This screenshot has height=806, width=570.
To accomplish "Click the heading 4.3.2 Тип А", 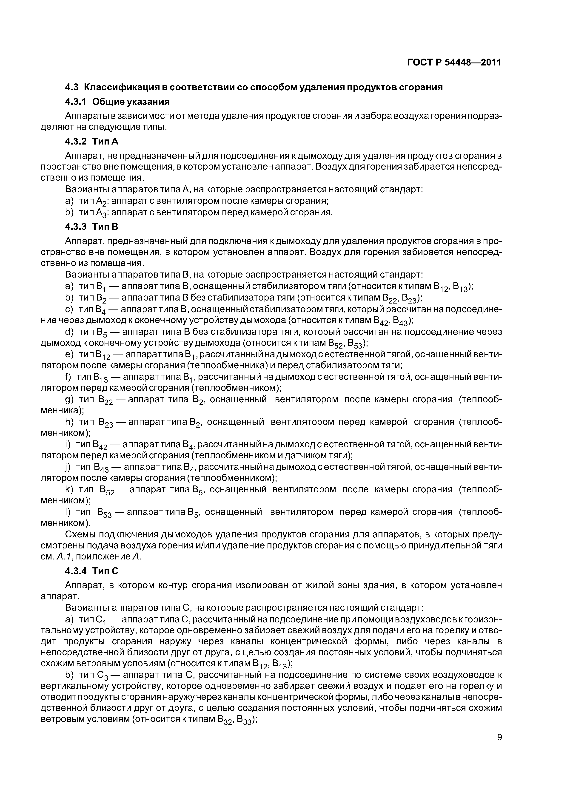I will coord(92,142).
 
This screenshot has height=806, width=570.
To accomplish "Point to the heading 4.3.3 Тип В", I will coord(92,227).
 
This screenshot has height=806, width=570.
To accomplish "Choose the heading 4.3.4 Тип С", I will coord(92,571).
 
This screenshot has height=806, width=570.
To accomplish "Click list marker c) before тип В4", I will coord(69,309).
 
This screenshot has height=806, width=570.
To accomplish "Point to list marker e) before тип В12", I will coord(69,355).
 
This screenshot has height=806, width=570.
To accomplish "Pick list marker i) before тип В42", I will coord(68,444).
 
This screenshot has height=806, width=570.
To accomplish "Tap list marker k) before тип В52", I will coord(69,489).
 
